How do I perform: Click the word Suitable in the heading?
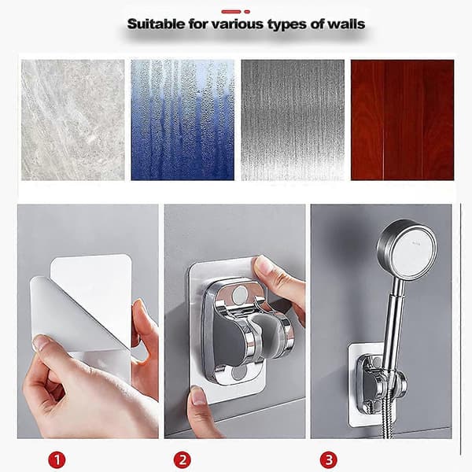pyautogui.click(x=156, y=24)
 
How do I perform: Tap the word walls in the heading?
pyautogui.click(x=346, y=24)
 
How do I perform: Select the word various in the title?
pyautogui.click(x=238, y=24)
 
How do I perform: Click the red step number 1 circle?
pyautogui.click(x=57, y=459)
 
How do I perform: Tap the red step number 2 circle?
pyautogui.click(x=183, y=459)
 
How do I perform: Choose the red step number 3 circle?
pyautogui.click(x=329, y=459)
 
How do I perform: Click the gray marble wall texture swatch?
pyautogui.click(x=73, y=120)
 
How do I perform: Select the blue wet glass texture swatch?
pyautogui.click(x=183, y=120)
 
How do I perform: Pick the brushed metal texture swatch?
pyautogui.click(x=293, y=120)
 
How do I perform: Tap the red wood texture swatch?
pyautogui.click(x=403, y=120)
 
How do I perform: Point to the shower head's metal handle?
pyautogui.click(x=396, y=319)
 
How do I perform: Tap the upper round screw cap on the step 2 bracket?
pyautogui.click(x=240, y=293)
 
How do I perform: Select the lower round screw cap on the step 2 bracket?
pyautogui.click(x=238, y=372)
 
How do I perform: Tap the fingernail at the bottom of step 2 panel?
pyautogui.click(x=199, y=395)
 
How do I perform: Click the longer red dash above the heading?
pyautogui.click(x=231, y=12)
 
